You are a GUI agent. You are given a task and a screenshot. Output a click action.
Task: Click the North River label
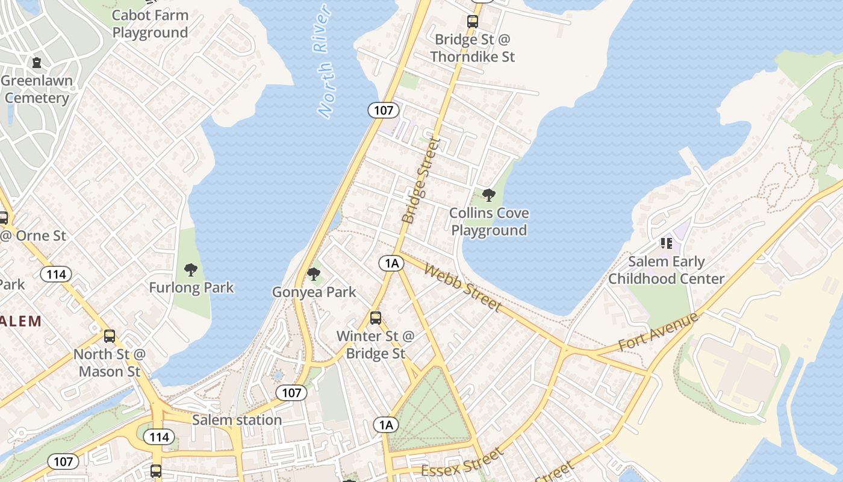coord(325,61)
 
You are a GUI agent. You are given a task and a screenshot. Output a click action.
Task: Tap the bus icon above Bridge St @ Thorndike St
coord(473,22)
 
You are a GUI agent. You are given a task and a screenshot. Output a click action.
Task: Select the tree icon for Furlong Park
coord(191,269)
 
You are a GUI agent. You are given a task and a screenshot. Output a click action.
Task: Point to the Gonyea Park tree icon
coord(313,274)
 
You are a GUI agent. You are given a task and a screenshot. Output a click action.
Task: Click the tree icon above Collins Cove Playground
coord(489,195)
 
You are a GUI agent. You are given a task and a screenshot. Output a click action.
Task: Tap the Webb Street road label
coord(462,287)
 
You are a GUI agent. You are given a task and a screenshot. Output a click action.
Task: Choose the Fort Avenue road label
coord(658,333)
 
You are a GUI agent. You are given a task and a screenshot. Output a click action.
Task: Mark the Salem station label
coord(237,420)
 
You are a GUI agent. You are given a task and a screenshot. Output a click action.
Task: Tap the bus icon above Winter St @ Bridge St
coord(376,318)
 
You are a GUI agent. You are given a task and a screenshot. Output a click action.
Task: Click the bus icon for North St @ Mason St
coord(109,336)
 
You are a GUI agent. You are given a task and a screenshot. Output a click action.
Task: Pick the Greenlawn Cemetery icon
coord(37,62)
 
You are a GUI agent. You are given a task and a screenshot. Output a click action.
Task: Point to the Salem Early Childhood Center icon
coord(666,243)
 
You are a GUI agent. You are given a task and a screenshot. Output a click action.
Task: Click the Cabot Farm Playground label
coord(150,23)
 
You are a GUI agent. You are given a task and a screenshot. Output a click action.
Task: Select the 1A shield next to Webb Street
coord(391,263)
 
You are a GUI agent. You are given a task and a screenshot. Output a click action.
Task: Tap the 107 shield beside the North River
coord(383,110)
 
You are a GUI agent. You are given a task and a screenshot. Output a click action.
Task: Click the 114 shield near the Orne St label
coord(56,274)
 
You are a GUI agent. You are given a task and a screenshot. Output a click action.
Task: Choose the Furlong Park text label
coord(191,287)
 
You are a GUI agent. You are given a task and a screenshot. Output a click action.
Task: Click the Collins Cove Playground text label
coord(489,222)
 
